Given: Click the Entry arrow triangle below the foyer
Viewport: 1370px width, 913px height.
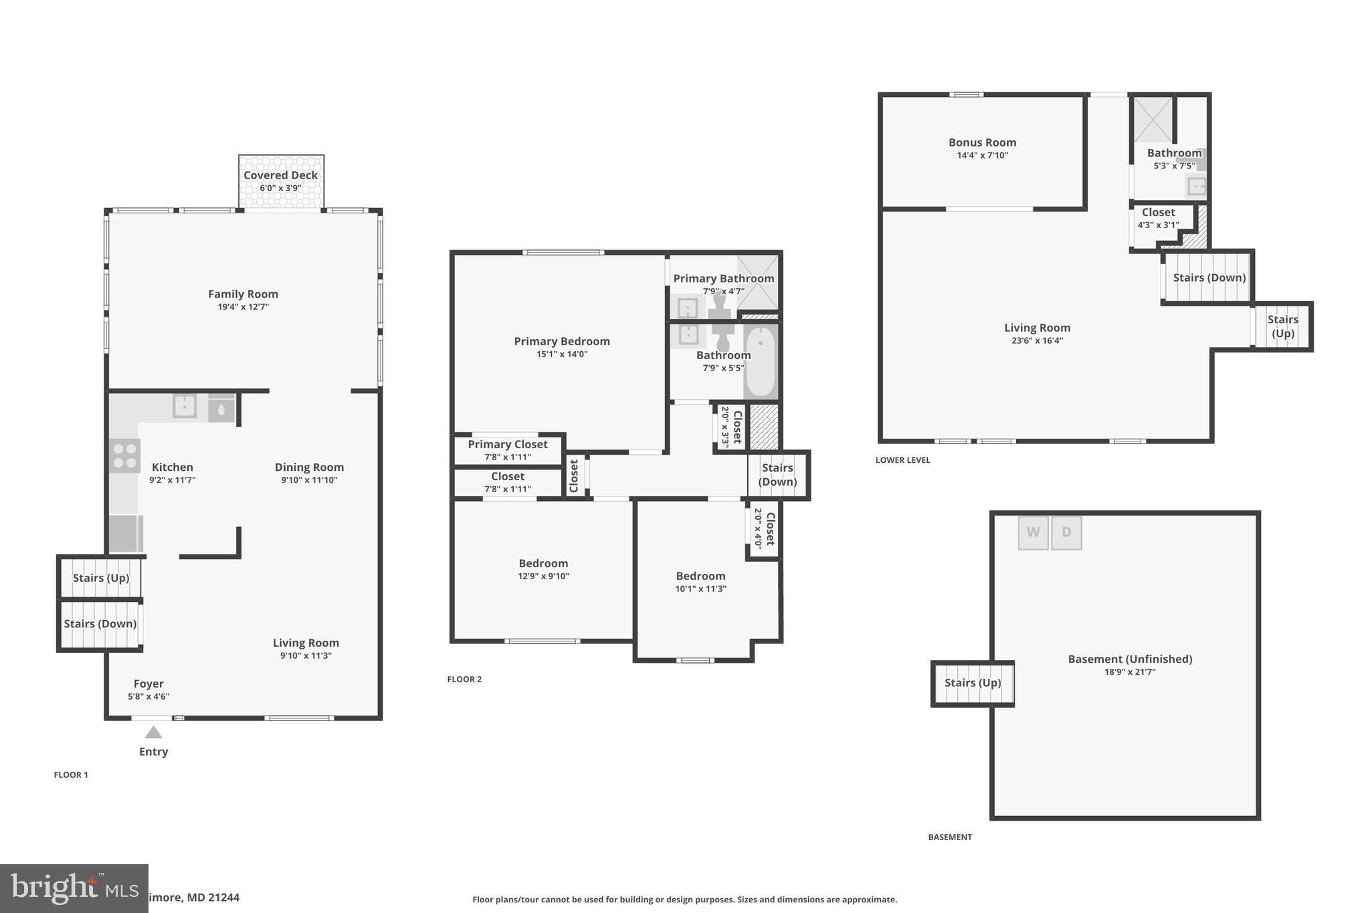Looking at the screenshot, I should tap(153, 732).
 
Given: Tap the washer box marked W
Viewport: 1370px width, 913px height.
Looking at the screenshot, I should tap(1033, 532).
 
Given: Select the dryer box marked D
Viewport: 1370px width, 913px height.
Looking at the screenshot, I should tap(1066, 532).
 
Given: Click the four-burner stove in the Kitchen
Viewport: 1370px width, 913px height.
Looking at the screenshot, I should tap(124, 455).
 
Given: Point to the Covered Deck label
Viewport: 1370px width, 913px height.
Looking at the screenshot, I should tap(280, 175).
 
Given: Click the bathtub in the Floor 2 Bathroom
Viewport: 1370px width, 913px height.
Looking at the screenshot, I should tap(760, 361).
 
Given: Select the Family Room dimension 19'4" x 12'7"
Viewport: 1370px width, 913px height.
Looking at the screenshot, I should tap(243, 307).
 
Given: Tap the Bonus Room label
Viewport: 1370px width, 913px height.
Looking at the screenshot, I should tap(982, 142).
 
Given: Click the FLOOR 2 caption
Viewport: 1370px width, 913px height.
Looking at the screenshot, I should tap(464, 679).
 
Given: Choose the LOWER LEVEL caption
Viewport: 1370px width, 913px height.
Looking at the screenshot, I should tap(902, 460).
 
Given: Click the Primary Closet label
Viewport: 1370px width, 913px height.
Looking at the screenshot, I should tap(507, 444).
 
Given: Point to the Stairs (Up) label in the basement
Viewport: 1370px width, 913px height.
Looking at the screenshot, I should tap(973, 682).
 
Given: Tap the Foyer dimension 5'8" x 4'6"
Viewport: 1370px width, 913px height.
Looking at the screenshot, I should tap(149, 696).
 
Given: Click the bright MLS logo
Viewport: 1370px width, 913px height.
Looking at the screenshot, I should tap(74, 888).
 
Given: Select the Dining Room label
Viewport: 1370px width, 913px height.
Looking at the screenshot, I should tap(309, 467).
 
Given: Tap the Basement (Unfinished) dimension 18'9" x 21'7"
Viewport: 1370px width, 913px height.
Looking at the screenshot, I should tap(1130, 672).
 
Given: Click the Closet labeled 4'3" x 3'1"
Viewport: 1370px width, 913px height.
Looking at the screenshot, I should tap(1158, 213).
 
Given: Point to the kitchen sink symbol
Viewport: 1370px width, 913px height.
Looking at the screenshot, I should tap(185, 405).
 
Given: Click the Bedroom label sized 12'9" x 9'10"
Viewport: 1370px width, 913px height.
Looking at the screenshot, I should tap(543, 563).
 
